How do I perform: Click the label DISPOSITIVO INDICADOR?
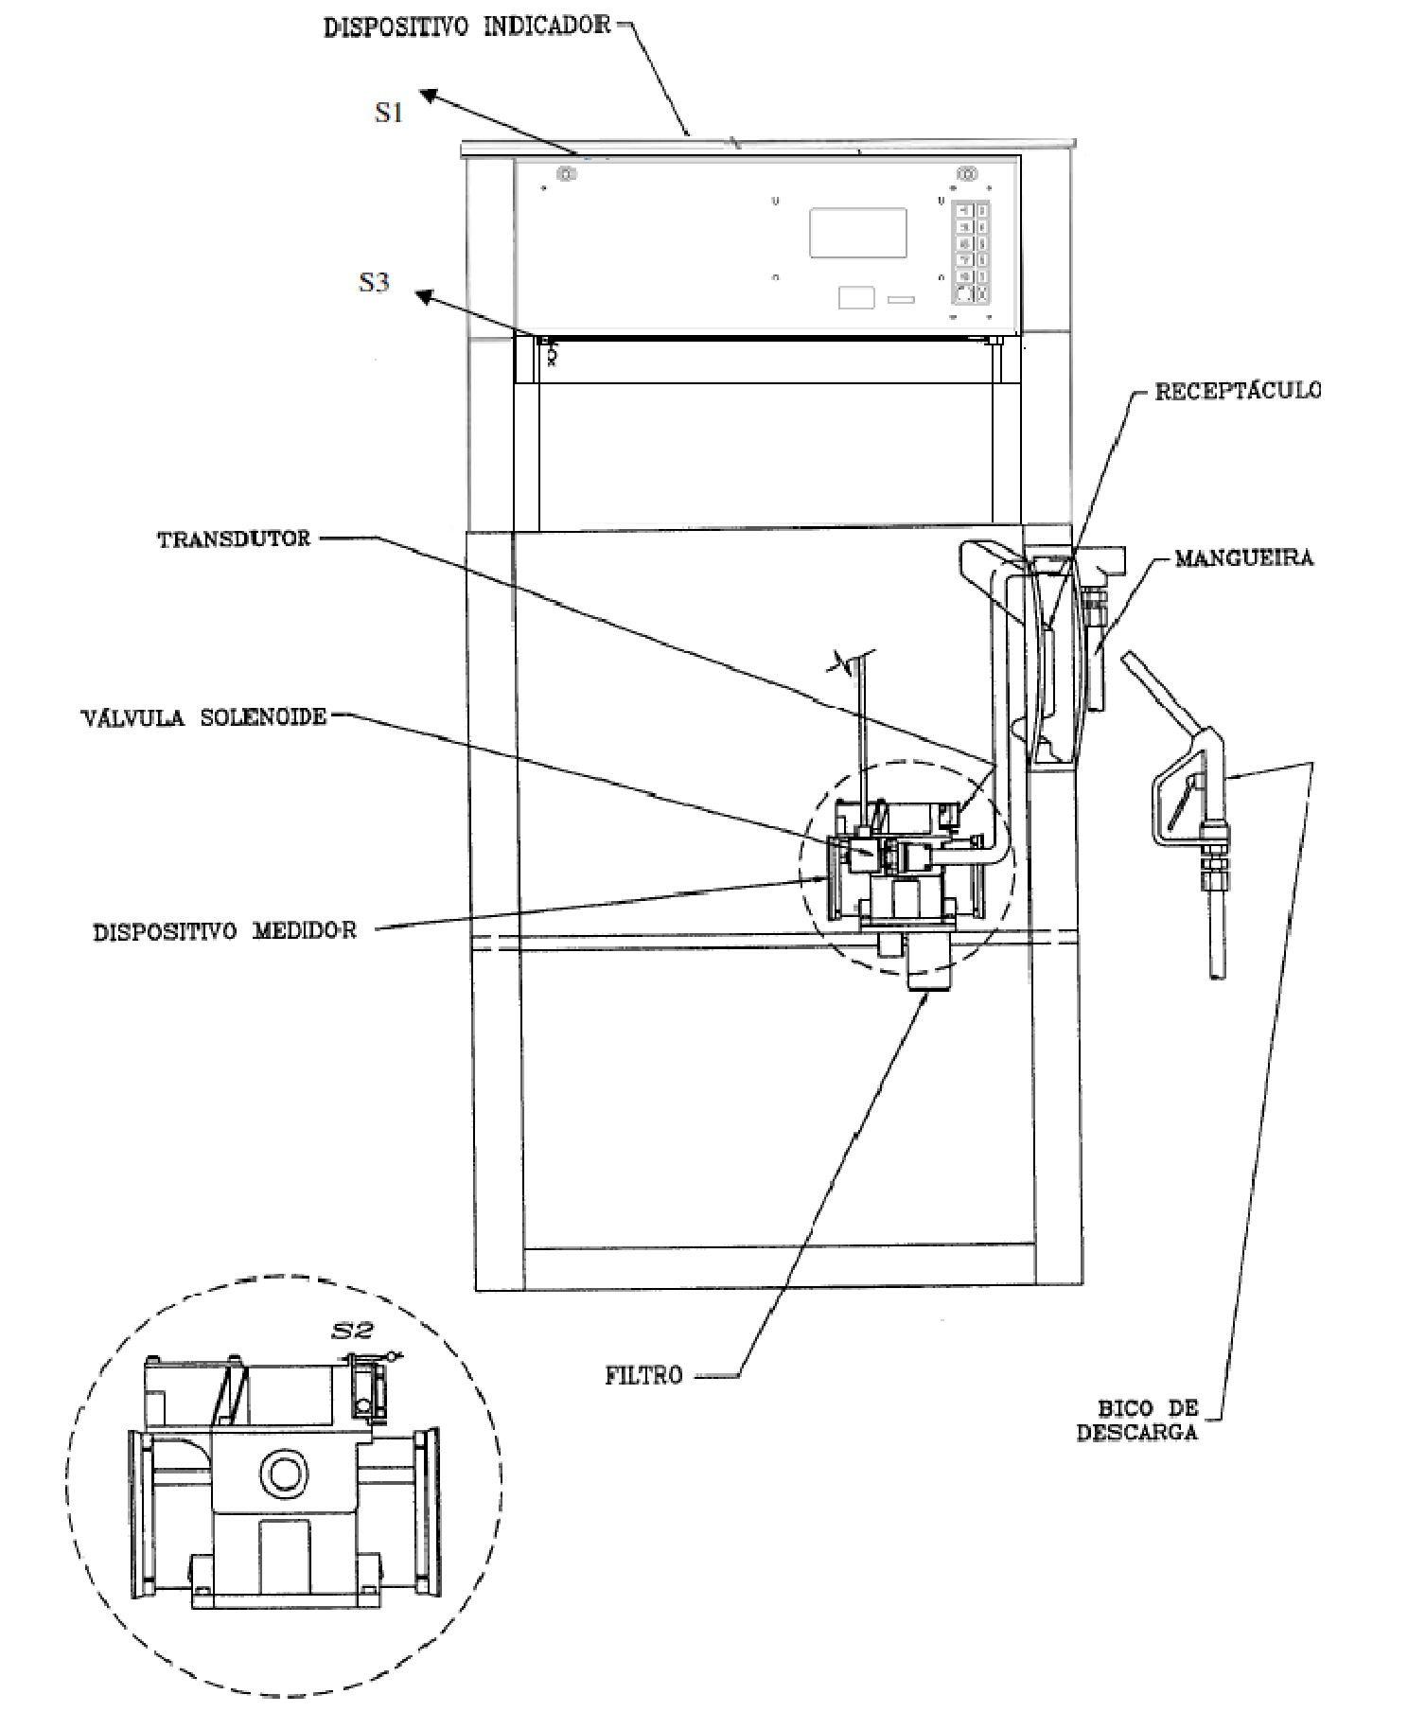tap(467, 26)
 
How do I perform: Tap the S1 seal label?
tap(389, 113)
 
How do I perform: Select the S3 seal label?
tap(374, 282)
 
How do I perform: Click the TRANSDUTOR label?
tap(234, 539)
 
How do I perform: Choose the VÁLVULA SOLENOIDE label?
tap(204, 716)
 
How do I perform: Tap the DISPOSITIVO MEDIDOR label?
tap(225, 931)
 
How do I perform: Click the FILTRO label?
tap(643, 1375)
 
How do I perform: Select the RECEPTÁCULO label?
tap(1238, 390)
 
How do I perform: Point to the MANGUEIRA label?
tap(1244, 557)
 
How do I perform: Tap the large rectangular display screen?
tap(857, 233)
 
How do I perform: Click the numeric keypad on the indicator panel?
tap(970, 252)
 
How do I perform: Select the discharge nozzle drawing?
tap(1177, 812)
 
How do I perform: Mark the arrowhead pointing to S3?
tap(427, 297)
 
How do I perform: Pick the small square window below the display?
tap(856, 297)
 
